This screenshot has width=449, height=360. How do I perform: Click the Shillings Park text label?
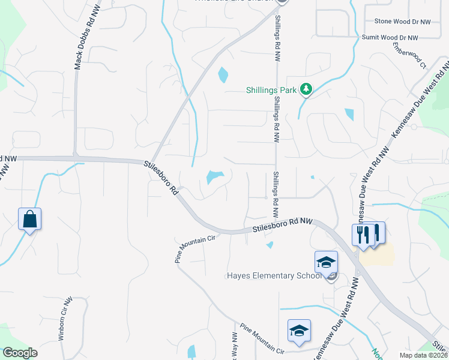(x=271, y=91)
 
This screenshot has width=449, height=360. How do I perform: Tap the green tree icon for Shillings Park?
(x=307, y=89)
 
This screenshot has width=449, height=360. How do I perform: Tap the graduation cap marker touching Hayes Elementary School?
(x=326, y=262)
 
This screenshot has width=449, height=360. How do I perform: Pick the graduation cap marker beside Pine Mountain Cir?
(x=299, y=331)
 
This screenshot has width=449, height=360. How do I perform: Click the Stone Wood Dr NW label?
(x=403, y=22)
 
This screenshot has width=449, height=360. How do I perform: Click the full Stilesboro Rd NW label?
(x=283, y=225)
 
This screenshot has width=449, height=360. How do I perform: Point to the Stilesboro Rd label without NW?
(x=161, y=176)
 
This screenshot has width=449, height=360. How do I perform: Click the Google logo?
(x=20, y=353)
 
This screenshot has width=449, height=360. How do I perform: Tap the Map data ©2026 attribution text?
(x=423, y=355)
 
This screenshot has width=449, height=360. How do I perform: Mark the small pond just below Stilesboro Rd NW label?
(x=270, y=244)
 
